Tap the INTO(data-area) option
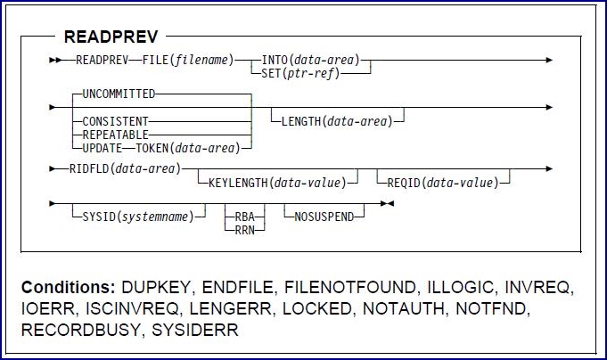click(310, 61)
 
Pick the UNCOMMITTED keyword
click(119, 94)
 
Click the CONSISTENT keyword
click(115, 119)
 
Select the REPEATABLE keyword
click(114, 131)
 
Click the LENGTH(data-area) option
click(337, 119)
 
